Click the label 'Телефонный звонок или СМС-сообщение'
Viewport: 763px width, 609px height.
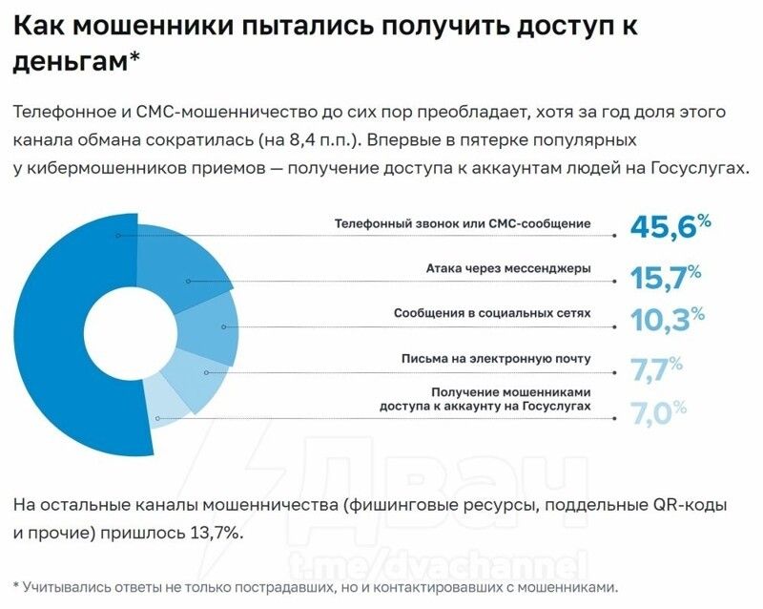[462, 223]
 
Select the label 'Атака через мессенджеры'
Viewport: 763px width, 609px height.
[507, 268]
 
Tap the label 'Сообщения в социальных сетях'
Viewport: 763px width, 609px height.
[492, 313]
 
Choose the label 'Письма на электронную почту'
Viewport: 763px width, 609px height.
[496, 359]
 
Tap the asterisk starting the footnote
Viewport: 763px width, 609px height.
[17, 585]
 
